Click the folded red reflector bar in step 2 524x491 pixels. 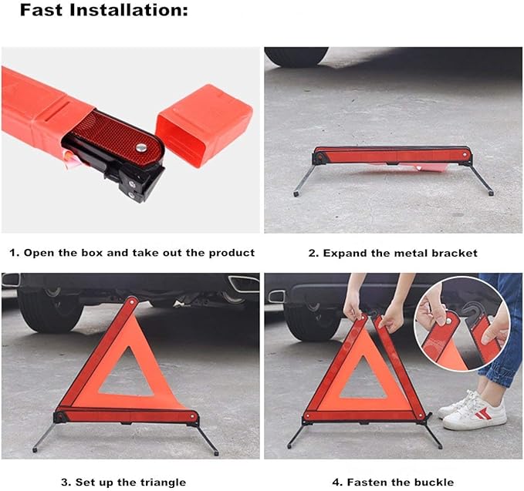click(392, 155)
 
